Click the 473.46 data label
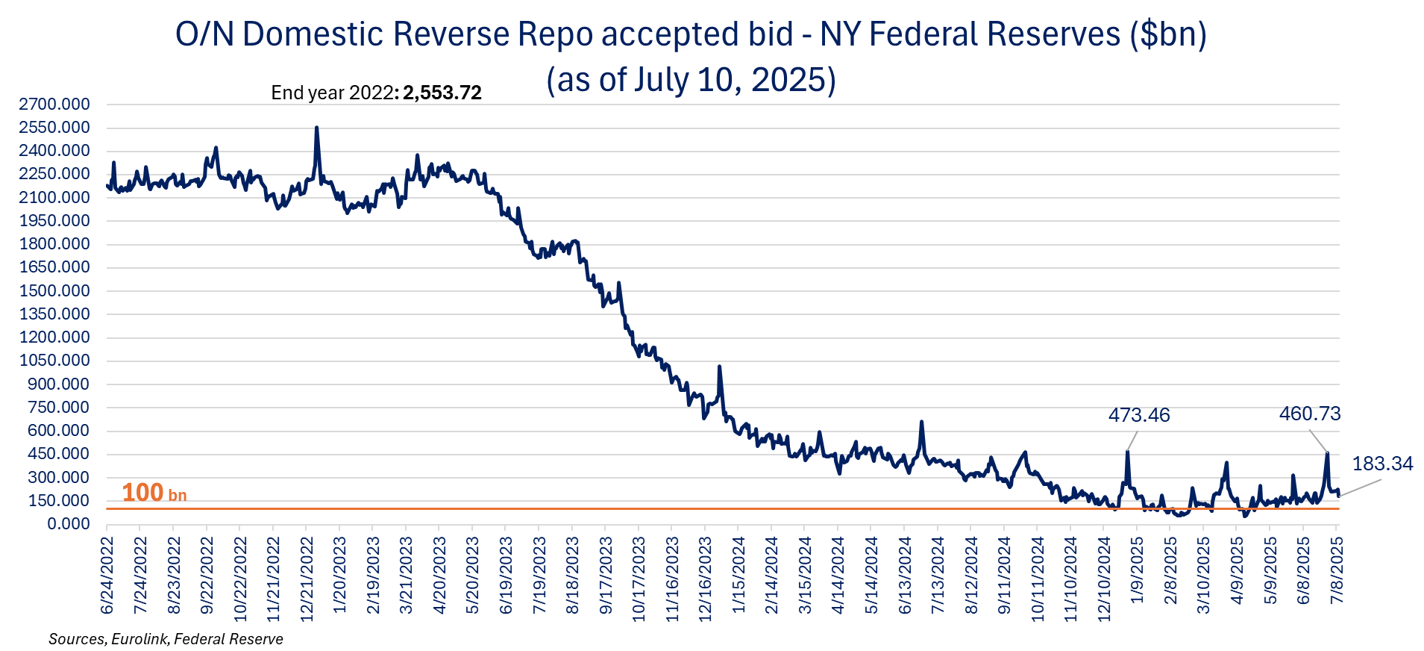point(1138,415)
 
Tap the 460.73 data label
point(1309,414)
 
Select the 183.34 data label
point(1382,464)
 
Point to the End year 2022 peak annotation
point(376,93)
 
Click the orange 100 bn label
point(154,493)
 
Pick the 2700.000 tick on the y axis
point(54,105)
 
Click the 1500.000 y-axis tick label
point(54,291)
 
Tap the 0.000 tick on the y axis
point(69,524)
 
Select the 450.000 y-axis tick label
point(58,454)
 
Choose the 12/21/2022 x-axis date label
point(307,579)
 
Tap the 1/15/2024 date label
point(738,576)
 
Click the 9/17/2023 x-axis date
point(606,576)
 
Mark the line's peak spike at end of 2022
point(317,128)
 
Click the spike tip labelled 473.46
point(1127,452)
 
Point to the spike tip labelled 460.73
point(1327,453)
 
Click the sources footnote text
point(166,639)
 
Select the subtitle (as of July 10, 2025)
point(691,80)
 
